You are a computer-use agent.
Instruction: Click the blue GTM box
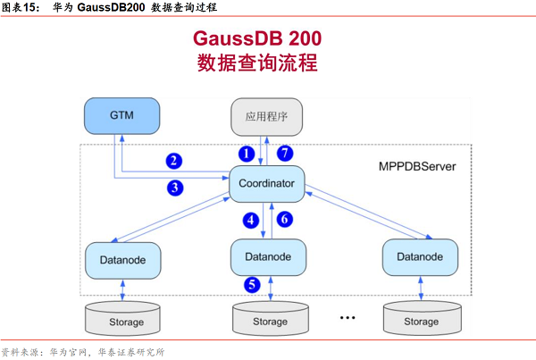121,115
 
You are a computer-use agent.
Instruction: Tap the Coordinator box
267,186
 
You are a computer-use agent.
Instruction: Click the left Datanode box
122,258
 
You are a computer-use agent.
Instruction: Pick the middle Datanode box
269,256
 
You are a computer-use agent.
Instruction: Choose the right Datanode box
420,256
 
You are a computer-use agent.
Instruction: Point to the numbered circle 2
175,161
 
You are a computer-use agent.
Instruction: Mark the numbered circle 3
175,188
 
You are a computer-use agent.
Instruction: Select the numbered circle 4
253,219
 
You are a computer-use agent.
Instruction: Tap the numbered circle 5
253,285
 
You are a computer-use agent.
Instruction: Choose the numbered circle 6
285,219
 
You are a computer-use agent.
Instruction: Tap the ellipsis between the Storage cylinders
348,317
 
